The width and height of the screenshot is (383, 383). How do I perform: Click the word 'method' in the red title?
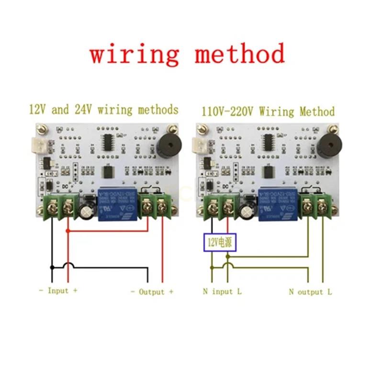[239, 54]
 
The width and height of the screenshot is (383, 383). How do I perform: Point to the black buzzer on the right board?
[327, 145]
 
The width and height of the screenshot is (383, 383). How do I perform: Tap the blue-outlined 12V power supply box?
[220, 242]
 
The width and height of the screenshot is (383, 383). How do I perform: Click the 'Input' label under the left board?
[58, 291]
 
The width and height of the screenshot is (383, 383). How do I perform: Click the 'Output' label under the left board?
[151, 292]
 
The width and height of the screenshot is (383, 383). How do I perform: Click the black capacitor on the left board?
[87, 211]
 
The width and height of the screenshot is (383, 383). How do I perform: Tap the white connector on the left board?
[37, 143]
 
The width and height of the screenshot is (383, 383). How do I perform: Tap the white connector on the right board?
[197, 143]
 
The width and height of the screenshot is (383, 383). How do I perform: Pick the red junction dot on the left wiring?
[68, 231]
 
